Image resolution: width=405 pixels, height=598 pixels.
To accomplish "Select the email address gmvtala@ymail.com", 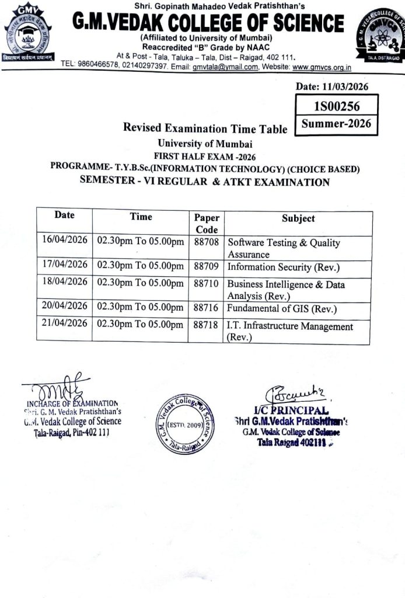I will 225,67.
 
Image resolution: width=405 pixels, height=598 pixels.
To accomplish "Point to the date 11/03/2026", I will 333,87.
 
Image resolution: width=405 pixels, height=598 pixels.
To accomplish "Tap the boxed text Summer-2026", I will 336,124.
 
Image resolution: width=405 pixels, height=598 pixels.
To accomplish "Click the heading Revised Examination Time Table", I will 205,128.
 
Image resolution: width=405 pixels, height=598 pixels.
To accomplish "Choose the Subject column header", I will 298,218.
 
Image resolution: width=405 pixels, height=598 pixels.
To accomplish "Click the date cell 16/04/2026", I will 64,241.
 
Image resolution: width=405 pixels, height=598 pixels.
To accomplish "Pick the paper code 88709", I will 205,266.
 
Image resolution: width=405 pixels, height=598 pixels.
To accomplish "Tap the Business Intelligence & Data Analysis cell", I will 286,290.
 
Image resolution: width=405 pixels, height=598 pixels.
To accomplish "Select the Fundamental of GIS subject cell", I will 282,309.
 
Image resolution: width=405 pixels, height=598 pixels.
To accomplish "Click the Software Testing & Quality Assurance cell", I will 284,248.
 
